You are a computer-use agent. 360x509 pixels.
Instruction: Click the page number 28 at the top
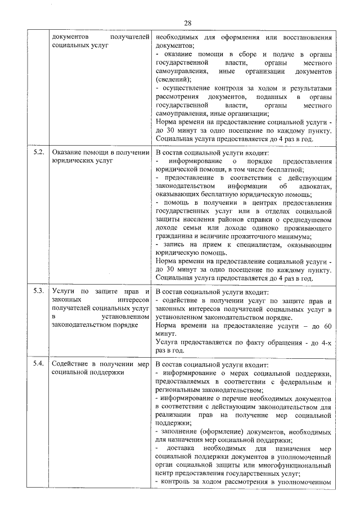[x=188, y=23]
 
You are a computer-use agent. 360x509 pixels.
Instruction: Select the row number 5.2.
[x=38, y=152]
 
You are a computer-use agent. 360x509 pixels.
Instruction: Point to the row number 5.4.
[x=38, y=363]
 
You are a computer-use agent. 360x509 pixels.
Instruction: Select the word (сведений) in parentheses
[x=173, y=79]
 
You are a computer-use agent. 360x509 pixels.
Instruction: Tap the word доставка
[x=183, y=449]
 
